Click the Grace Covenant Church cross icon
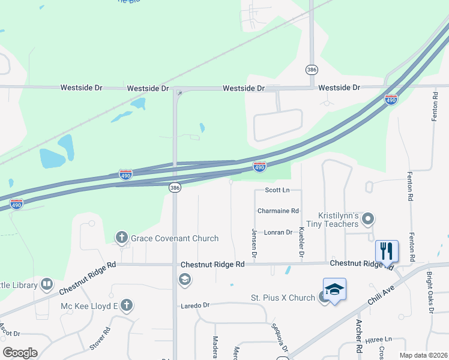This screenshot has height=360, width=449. tap(122, 238)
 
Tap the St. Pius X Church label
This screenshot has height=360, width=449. tap(282, 298)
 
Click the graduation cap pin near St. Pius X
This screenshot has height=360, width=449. tap(334, 290)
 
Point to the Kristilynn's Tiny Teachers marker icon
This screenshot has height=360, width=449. tap(369, 219)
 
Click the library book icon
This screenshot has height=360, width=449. tap(47, 285)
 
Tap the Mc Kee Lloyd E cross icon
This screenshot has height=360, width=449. tap(126, 305)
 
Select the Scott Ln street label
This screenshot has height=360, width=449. tap(277, 190)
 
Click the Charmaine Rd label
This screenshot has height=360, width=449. tap(278, 211)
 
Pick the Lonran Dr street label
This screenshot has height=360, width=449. tap(278, 232)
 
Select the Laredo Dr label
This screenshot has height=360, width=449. tap(195, 305)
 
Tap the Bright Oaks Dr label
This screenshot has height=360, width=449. tap(430, 293)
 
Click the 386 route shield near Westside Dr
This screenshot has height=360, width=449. tap(311, 70)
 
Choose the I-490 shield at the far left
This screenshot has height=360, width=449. tap(17, 204)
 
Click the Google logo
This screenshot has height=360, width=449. tap(20, 353)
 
